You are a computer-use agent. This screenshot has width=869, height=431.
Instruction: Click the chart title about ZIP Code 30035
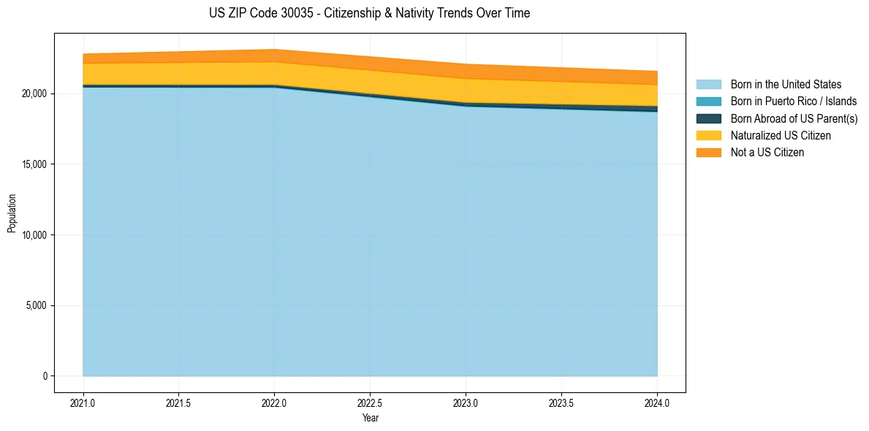(x=369, y=13)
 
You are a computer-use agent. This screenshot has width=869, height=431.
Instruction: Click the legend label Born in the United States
(x=786, y=85)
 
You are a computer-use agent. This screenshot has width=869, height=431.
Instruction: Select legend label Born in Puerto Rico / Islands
(x=794, y=102)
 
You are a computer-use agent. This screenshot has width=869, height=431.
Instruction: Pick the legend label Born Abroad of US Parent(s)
(x=794, y=118)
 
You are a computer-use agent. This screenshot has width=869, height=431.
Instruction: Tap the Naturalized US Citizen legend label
(x=781, y=136)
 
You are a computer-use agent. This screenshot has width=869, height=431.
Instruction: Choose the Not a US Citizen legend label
(x=767, y=153)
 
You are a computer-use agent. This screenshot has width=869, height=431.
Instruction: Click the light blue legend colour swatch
(x=708, y=85)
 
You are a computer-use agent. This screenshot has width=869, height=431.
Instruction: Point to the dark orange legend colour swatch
(x=708, y=153)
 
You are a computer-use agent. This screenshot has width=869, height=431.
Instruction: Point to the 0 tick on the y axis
(x=44, y=376)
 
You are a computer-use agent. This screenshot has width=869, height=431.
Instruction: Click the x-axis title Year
(x=370, y=419)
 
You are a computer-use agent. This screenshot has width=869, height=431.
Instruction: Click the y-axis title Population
(x=12, y=213)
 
